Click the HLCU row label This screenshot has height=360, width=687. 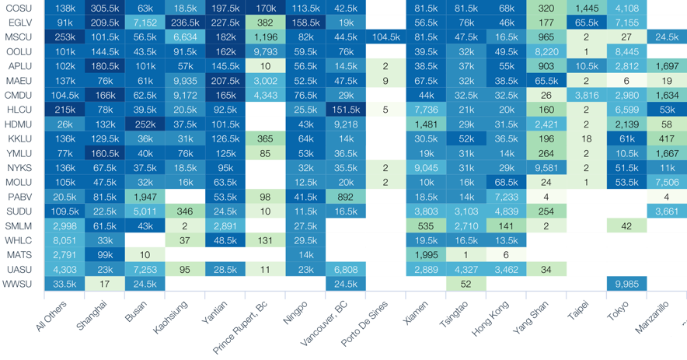[x=18, y=110]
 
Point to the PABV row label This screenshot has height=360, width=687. [x=19, y=197]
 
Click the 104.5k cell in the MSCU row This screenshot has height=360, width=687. [x=386, y=37]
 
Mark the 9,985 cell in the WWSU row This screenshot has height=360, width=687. [x=626, y=284]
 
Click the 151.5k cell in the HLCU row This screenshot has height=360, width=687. [x=346, y=110]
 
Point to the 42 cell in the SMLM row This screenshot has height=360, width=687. [x=626, y=225]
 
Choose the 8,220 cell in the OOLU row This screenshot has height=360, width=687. [x=546, y=52]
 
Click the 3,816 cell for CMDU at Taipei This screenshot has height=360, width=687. [x=586, y=96]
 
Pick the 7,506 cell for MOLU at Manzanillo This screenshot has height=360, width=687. [x=667, y=183]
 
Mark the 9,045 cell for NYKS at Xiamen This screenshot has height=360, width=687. [x=427, y=168]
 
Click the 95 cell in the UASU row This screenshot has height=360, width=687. [x=185, y=269]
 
